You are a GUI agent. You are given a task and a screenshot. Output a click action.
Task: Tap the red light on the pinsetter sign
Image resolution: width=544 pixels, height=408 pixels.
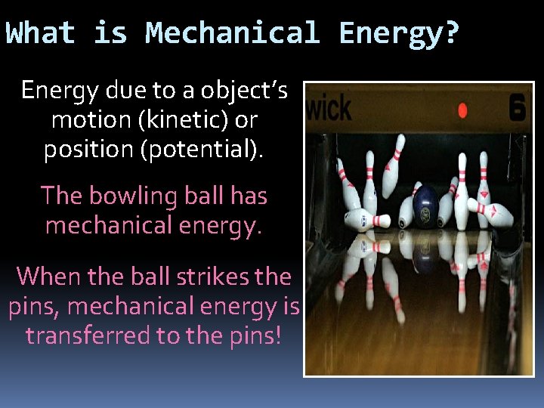click(x=462, y=110)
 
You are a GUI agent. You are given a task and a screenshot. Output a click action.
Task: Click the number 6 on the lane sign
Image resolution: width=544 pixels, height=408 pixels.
click(x=517, y=107)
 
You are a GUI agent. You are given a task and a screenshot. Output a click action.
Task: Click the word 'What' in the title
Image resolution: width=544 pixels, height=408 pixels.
click(x=41, y=33)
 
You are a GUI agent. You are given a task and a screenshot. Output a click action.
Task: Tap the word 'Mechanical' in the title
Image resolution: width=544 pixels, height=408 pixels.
click(x=233, y=33)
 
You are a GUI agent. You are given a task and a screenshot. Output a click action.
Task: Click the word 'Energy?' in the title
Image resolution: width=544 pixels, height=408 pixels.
click(x=399, y=33)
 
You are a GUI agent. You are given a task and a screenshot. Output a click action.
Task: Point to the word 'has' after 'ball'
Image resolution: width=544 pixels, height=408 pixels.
click(x=249, y=196)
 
